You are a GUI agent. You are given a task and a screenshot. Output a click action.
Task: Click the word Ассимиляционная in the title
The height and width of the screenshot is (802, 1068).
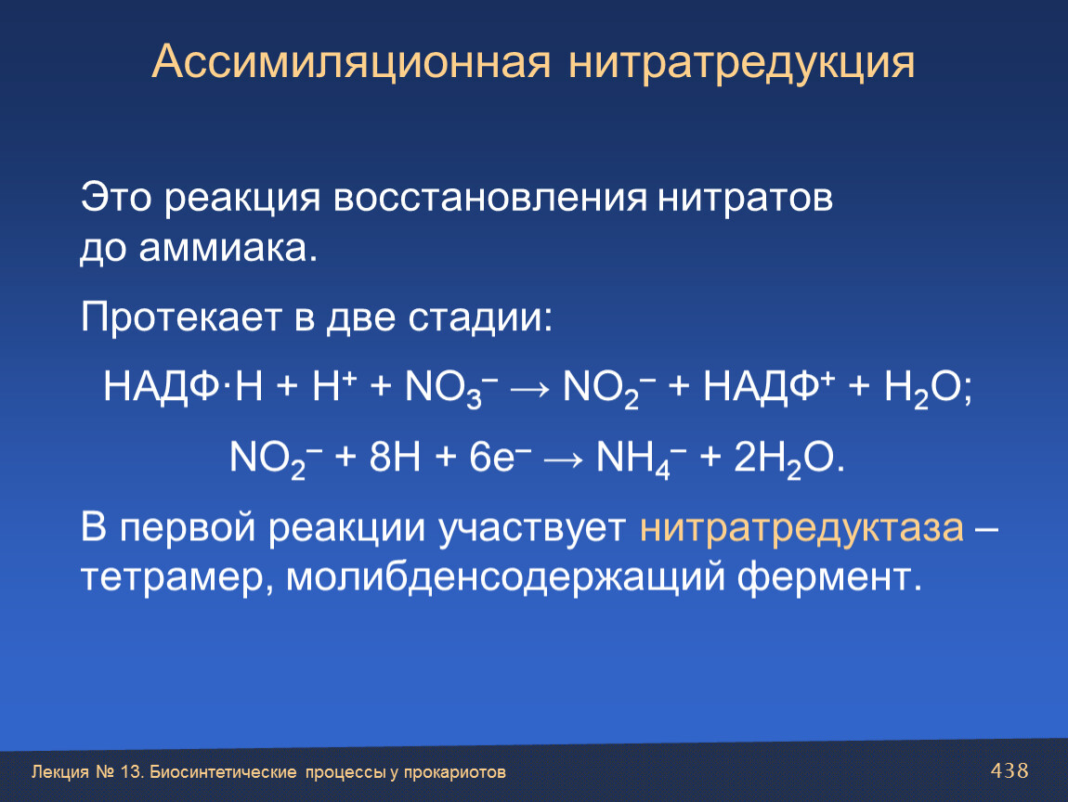click(351, 62)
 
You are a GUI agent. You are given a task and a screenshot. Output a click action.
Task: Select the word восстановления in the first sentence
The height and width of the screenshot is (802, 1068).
click(490, 198)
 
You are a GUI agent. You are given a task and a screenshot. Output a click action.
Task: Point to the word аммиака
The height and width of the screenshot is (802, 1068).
click(228, 249)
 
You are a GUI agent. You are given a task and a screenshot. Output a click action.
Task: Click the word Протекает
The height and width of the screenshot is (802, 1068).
click(181, 317)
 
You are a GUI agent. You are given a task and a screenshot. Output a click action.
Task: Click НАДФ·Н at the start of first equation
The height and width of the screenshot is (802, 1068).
click(183, 387)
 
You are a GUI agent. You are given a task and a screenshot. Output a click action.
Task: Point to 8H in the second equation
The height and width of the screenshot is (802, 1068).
click(395, 457)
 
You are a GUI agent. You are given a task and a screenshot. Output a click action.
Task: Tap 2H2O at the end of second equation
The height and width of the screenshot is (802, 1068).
click(783, 459)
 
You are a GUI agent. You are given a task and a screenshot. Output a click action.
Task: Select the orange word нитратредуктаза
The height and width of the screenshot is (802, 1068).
click(801, 528)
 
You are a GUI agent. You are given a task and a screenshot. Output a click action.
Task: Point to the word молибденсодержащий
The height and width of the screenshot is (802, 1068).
click(504, 577)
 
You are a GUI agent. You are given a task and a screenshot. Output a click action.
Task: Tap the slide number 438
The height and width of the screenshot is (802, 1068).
click(1009, 770)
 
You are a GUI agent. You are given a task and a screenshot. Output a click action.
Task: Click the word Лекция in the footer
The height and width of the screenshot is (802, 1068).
click(60, 772)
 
